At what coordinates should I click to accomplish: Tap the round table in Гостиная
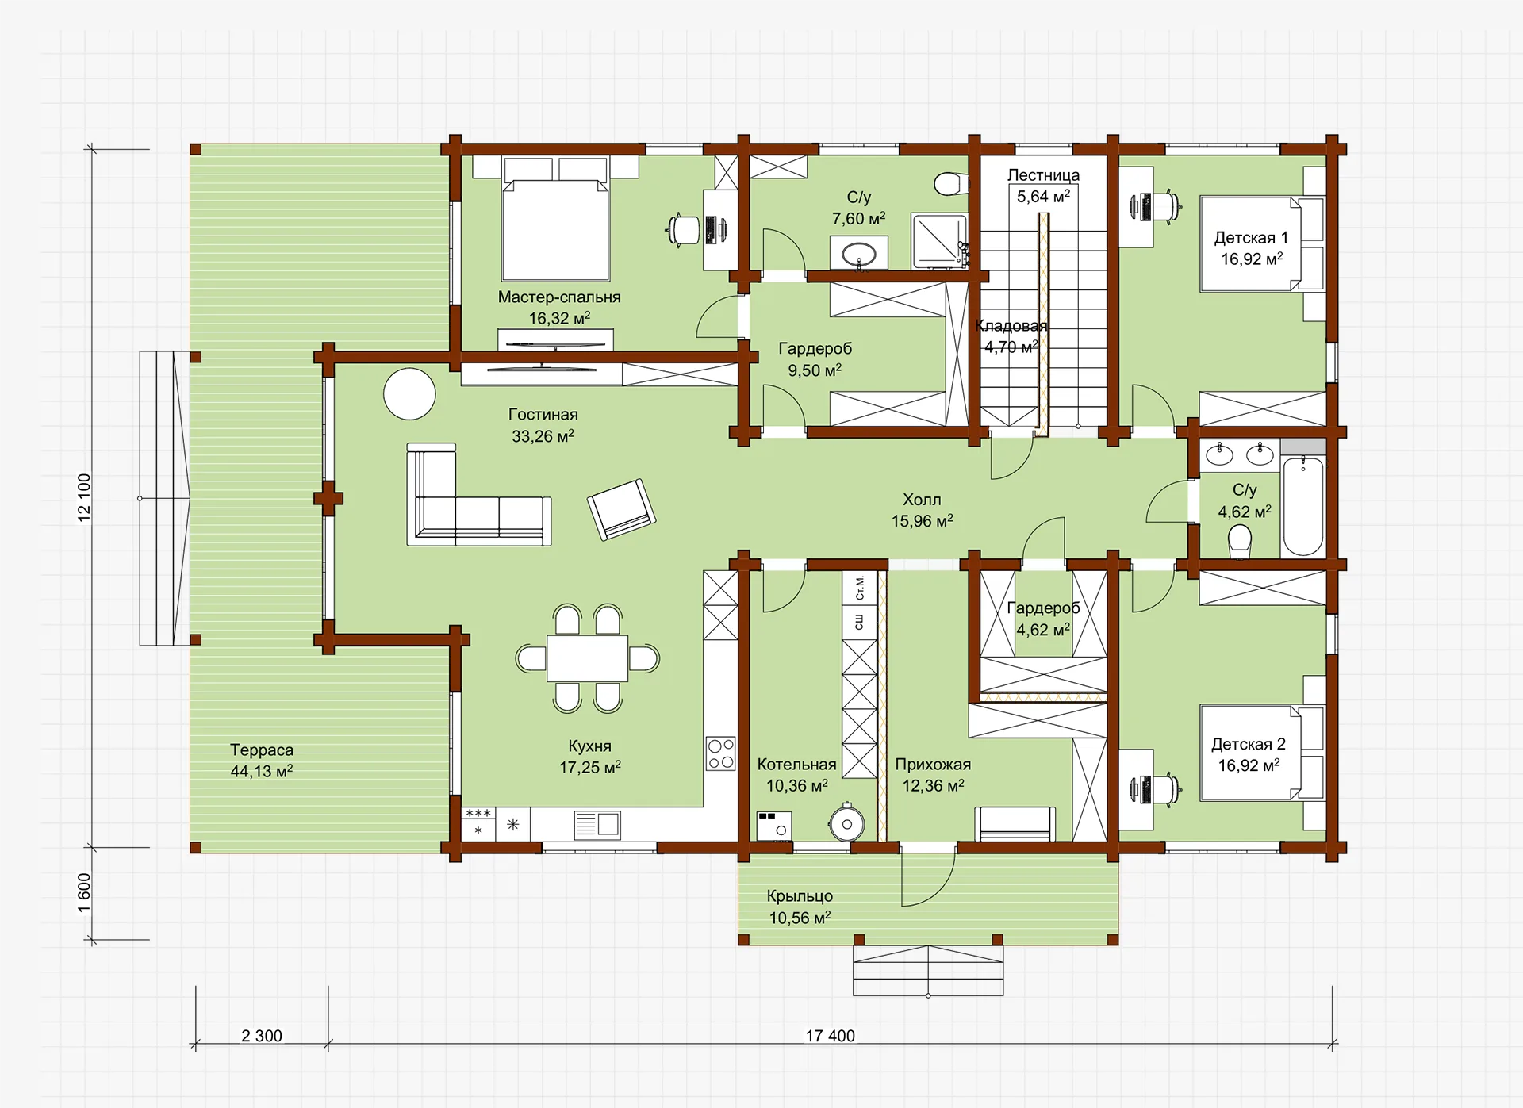point(409,393)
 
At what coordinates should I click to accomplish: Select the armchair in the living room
point(621,508)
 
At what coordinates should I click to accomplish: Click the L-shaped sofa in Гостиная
point(478,496)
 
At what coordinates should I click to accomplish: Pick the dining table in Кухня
point(587,658)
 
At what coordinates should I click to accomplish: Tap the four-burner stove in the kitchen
point(721,753)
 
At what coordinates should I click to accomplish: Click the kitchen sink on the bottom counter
point(597,824)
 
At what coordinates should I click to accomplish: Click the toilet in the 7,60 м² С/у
point(950,184)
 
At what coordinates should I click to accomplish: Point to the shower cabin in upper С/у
point(939,240)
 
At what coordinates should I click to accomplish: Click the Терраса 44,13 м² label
point(262,761)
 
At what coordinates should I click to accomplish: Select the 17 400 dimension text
point(831,1036)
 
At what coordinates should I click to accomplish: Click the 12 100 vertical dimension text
point(84,497)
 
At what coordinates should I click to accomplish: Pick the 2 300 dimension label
point(262,1036)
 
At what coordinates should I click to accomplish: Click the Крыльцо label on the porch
point(800,896)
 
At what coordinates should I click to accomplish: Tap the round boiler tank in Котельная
point(847,823)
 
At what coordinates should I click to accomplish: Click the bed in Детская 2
point(1262,753)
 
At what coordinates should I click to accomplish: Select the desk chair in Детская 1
point(1164,207)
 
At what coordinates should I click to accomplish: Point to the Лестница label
point(1043,175)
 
